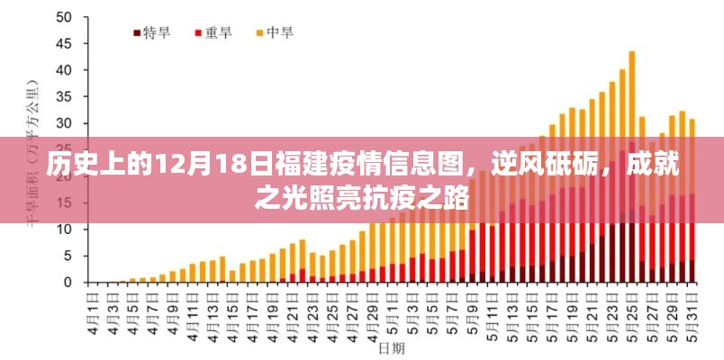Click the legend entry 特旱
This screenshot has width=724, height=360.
[150, 32]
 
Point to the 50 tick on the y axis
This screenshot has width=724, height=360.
[62, 18]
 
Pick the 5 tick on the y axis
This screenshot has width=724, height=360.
[67, 256]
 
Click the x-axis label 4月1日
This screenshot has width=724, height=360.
[92, 310]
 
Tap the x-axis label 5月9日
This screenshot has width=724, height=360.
[471, 310]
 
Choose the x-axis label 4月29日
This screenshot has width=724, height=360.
[371, 310]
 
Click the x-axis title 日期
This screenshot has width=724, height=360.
[391, 346]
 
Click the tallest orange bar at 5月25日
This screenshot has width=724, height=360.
[631, 90]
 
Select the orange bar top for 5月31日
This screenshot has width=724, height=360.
[691, 121]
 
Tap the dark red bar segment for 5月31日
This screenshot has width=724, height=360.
[691, 272]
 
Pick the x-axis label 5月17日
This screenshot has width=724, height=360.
[551, 310]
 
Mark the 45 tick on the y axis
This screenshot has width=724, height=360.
[62, 44]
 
